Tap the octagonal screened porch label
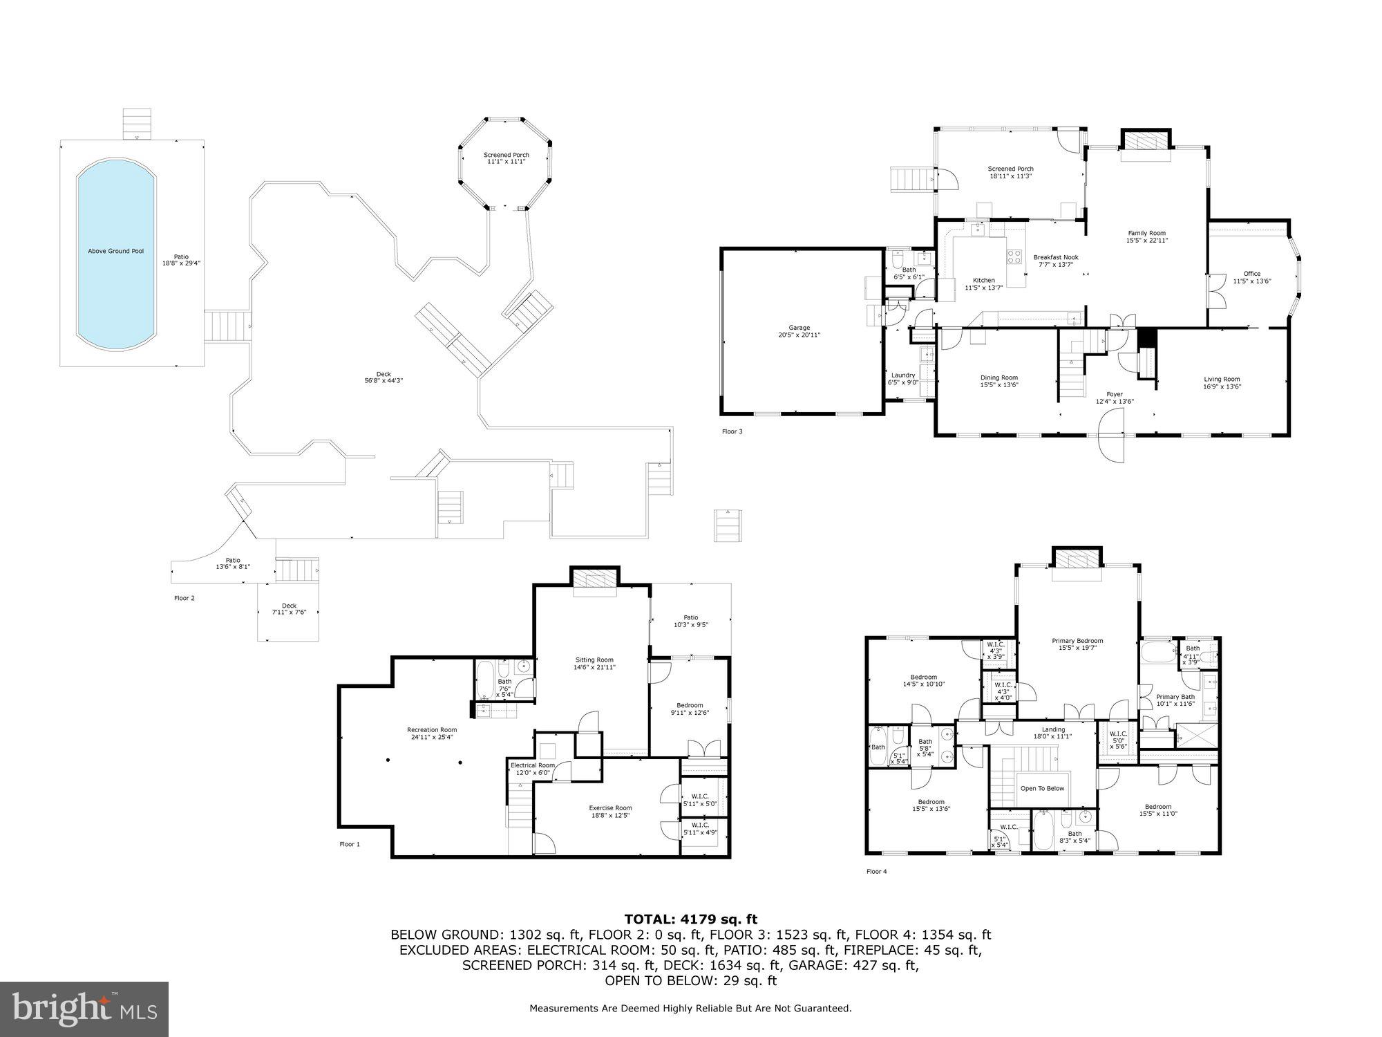coord(506,155)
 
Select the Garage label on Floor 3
coord(799,328)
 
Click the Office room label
coord(1251,274)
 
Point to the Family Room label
coord(1146,233)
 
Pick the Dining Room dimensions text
coord(998,386)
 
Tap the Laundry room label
coord(902,375)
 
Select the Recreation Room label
coord(431,729)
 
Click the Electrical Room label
coord(532,765)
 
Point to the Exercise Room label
coord(609,807)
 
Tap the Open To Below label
coord(1042,788)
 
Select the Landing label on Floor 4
coord(1053,729)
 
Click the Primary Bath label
coord(1175,696)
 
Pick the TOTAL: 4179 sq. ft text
coord(690,919)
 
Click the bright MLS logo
coord(84,1009)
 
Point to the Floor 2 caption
coord(184,598)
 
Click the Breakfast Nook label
coord(1055,257)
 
